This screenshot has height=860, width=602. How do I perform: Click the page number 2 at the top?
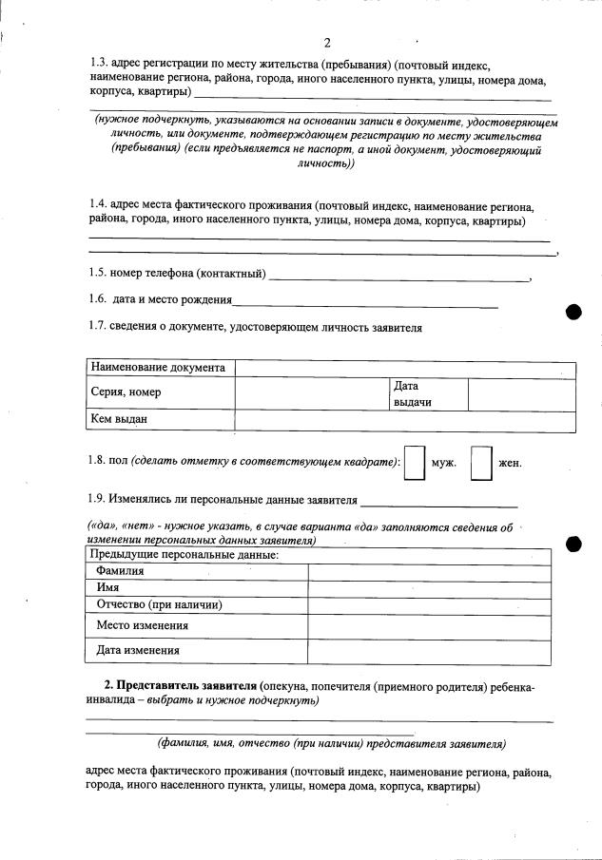click(326, 43)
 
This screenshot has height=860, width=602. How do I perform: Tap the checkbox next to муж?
click(414, 464)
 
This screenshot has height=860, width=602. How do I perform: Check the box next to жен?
click(482, 464)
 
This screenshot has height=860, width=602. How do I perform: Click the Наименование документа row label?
click(157, 368)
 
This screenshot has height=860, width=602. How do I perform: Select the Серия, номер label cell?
click(126, 392)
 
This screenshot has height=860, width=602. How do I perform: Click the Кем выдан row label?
click(119, 419)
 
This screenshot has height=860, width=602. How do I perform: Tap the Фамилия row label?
click(120, 571)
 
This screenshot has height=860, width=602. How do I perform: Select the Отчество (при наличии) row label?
click(159, 605)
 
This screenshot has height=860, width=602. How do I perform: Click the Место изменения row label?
click(142, 626)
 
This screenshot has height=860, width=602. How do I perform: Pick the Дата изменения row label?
click(138, 651)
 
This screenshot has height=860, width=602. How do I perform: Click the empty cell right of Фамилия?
click(428, 571)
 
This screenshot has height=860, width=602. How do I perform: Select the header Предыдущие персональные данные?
click(184, 554)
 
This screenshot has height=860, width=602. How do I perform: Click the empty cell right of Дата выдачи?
click(521, 394)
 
